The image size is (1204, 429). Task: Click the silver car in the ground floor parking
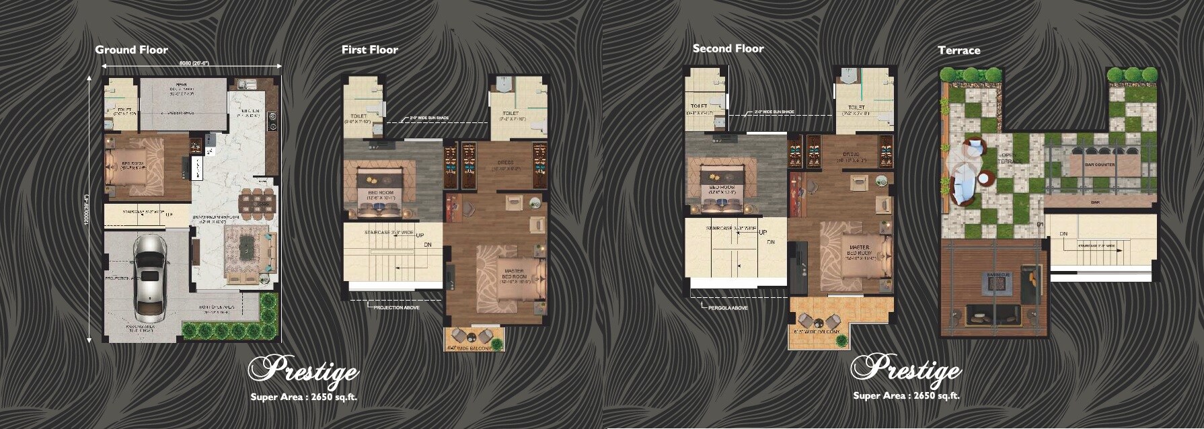pyautogui.click(x=149, y=277)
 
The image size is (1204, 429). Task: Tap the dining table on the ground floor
pyautogui.click(x=258, y=201)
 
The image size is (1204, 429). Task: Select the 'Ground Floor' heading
pyautogui.click(x=131, y=50)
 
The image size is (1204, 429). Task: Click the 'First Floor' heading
pyautogui.click(x=369, y=50)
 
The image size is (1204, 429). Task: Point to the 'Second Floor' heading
pyautogui.click(x=728, y=48)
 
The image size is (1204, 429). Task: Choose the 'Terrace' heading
pyautogui.click(x=958, y=50)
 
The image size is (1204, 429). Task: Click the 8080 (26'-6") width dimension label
pyautogui.click(x=194, y=63)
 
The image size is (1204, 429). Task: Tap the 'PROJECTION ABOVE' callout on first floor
pyautogui.click(x=397, y=307)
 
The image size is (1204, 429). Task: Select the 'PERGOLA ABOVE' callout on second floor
pyautogui.click(x=728, y=308)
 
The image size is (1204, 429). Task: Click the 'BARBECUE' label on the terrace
pyautogui.click(x=1000, y=274)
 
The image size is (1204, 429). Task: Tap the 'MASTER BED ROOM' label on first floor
pyautogui.click(x=514, y=276)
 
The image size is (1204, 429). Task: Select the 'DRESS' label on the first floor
pyautogui.click(x=506, y=163)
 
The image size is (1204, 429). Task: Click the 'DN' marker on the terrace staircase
pyautogui.click(x=1063, y=234)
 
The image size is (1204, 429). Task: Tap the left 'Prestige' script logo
pyautogui.click(x=303, y=370)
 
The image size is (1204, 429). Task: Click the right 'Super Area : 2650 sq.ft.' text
pyautogui.click(x=906, y=395)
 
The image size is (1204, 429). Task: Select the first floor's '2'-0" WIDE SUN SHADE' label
pyautogui.click(x=429, y=118)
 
